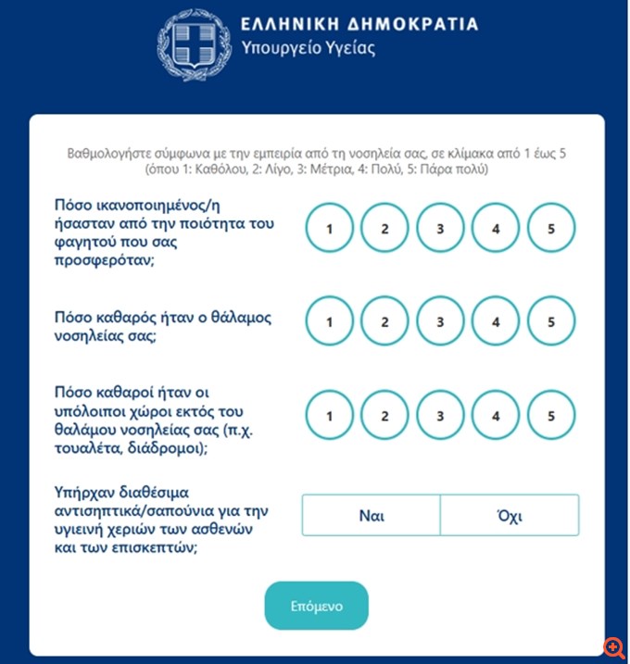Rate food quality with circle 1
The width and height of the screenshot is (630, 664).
point(329,228)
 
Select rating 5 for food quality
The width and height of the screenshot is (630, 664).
point(551,228)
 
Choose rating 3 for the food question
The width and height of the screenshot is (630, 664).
point(440,228)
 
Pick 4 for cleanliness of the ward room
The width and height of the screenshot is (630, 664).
point(496,322)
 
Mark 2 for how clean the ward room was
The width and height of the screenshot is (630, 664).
point(384,322)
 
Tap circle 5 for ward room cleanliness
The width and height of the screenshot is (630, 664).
point(551,322)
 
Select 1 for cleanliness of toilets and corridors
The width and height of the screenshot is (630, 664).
point(329,416)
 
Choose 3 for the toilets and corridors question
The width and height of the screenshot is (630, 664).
point(440,416)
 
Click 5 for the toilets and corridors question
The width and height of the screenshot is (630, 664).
point(551,416)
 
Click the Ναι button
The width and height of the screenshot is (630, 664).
point(371,515)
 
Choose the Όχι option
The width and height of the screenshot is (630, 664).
point(510,515)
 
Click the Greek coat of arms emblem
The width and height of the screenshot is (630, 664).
point(192,42)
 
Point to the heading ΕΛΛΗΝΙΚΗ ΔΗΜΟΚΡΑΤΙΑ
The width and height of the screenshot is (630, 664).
point(359,24)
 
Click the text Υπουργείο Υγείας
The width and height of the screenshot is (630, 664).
point(308,48)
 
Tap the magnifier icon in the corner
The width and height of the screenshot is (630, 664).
point(612,646)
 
